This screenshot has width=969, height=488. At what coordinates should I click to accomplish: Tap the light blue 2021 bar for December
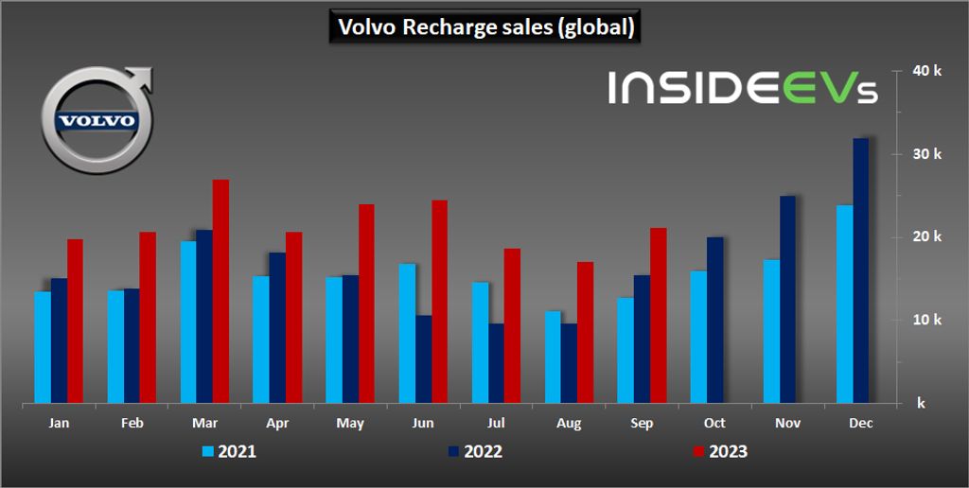click(844, 304)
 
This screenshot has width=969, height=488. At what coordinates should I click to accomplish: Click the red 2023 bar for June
click(439, 302)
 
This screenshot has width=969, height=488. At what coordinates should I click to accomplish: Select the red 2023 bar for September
click(658, 315)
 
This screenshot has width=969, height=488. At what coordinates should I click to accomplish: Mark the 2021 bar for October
click(698, 337)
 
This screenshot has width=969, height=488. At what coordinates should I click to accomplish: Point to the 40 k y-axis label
click(928, 70)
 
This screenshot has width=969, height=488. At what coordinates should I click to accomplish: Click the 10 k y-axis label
click(928, 320)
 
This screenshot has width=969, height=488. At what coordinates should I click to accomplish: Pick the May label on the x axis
click(350, 423)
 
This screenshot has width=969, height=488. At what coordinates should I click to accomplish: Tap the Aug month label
click(569, 423)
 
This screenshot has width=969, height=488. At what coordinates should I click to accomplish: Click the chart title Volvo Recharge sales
click(484, 27)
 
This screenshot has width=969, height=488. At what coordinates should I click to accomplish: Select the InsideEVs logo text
click(743, 88)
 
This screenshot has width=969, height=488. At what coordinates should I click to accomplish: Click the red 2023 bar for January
click(75, 321)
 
